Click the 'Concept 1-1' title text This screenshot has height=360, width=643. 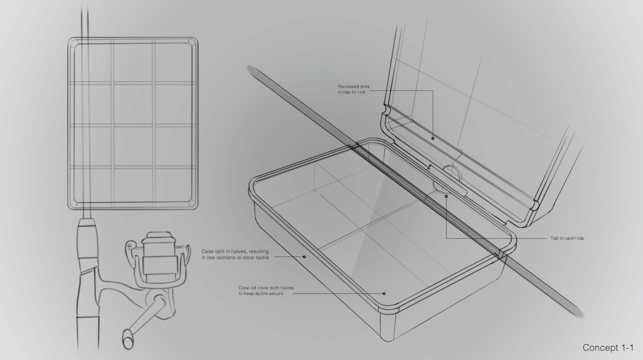tap(608, 348)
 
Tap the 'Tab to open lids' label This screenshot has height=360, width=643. tap(567, 238)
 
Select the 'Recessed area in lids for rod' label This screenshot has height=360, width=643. tap(353, 89)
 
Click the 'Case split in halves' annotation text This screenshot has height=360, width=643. tap(235, 255)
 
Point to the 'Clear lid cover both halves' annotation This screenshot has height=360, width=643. tap(266, 291)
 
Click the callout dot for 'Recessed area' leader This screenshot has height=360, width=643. tap(432, 139)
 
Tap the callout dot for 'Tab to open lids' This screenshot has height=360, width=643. tap(446, 196)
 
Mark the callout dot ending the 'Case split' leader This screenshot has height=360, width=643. tap(304, 257)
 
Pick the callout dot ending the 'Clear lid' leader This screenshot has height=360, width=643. tap(384, 294)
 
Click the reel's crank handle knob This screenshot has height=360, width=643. tap(128, 339)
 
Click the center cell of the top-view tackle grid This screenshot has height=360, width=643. tap(133, 104)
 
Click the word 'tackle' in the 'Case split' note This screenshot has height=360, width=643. tap(262, 257)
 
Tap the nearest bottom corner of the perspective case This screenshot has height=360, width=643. tap(388, 340)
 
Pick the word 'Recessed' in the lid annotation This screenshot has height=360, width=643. tap(346, 86)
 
